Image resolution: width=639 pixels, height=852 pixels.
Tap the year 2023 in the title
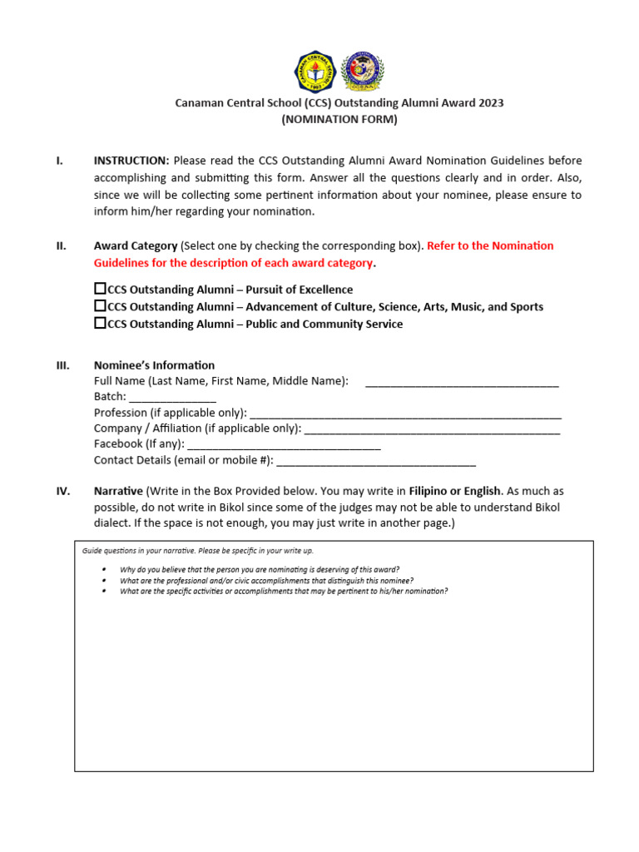point(490,103)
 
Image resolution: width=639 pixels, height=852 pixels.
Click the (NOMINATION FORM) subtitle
point(339,119)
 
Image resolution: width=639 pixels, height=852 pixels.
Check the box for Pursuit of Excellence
point(100,289)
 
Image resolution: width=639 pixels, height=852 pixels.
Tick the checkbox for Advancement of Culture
point(100,306)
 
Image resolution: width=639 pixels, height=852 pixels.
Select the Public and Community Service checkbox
point(100,323)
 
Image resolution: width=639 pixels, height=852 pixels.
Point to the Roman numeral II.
point(61,245)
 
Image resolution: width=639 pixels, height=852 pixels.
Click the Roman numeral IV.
point(62,491)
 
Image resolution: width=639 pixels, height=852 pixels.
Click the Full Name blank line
point(462,383)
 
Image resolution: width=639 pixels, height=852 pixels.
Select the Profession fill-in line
point(405,414)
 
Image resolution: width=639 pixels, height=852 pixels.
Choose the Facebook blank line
point(284,446)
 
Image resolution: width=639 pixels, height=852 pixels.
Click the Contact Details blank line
point(375,462)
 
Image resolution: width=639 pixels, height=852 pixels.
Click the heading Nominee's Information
point(154,365)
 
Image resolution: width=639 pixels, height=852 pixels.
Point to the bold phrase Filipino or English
point(455,491)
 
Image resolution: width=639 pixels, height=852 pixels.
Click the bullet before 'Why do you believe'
point(103,570)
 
